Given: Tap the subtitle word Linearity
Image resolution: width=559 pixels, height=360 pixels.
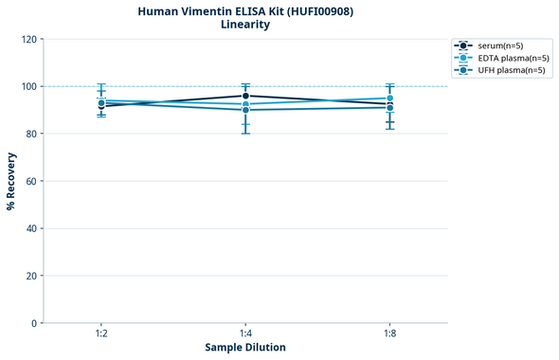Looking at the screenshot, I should (x=244, y=25).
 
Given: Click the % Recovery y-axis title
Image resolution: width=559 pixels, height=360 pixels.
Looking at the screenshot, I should (x=11, y=180).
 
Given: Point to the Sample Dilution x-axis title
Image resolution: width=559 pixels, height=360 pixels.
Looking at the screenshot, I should (x=244, y=348).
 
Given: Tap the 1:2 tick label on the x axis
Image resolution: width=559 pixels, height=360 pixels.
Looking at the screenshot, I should (x=101, y=333).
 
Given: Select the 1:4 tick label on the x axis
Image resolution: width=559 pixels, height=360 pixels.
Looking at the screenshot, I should (x=245, y=333).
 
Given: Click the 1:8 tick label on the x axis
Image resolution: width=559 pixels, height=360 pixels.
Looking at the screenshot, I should (x=389, y=333).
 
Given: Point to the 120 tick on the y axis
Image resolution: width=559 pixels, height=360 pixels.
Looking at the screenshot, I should (x=28, y=39).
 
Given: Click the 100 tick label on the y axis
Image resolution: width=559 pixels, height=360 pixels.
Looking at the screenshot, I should (x=28, y=86).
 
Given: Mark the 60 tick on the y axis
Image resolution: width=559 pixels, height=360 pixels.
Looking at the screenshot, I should (x=31, y=181).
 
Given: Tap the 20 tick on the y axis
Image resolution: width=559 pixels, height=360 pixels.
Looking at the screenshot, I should (x=31, y=276).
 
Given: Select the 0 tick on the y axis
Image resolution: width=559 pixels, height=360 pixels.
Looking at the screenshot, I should (x=34, y=323).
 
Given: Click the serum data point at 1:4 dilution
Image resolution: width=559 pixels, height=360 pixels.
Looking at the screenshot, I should (x=245, y=96).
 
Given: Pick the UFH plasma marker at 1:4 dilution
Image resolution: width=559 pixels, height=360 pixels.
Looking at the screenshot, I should (x=245, y=110).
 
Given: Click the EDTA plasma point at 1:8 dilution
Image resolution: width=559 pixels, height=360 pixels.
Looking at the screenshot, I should (x=389, y=99).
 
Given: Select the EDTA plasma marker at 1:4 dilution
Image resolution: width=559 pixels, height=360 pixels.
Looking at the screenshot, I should (x=245, y=104).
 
